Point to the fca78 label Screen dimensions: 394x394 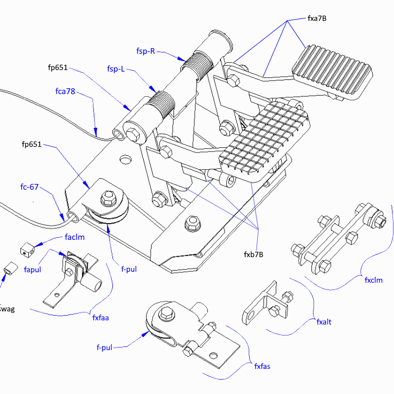(x=65, y=91)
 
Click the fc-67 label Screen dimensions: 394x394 (x=29, y=187)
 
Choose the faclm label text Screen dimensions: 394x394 (x=75, y=237)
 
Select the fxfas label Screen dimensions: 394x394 (x=262, y=366)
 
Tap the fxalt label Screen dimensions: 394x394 (x=323, y=322)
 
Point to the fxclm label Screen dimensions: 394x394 (x=374, y=280)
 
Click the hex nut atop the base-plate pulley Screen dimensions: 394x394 (x=109, y=196)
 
